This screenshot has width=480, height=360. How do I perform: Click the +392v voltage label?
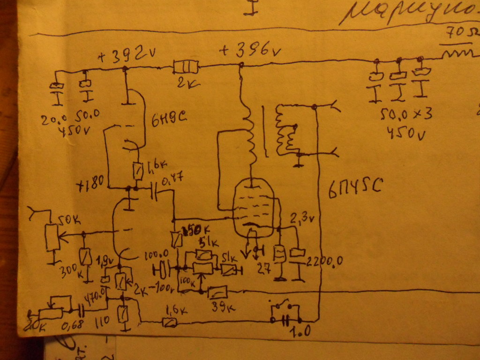coord(126,56)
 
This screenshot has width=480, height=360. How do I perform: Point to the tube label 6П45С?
coord(355,187)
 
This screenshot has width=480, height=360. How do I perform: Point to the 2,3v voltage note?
coord(300,218)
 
